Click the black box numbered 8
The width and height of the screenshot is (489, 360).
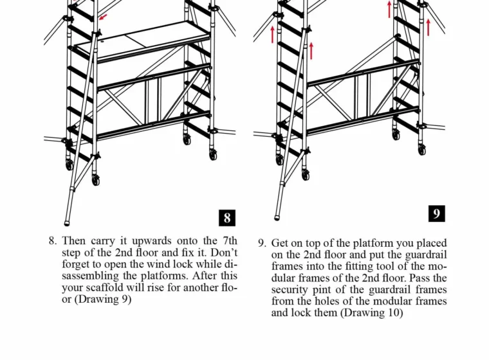pyautogui.click(x=226, y=217)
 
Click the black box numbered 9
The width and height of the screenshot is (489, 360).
pyautogui.click(x=436, y=213)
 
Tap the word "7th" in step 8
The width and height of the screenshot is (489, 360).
pyautogui.click(x=227, y=241)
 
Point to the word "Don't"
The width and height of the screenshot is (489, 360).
pyautogui.click(x=219, y=253)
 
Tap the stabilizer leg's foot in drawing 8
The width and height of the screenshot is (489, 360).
pyautogui.click(x=65, y=220)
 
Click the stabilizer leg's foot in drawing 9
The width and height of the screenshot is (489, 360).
pyautogui.click(x=277, y=216)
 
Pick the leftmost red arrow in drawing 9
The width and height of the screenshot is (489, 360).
pyautogui.click(x=273, y=33)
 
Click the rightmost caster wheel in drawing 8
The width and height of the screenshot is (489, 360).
pyautogui.click(x=212, y=154)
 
